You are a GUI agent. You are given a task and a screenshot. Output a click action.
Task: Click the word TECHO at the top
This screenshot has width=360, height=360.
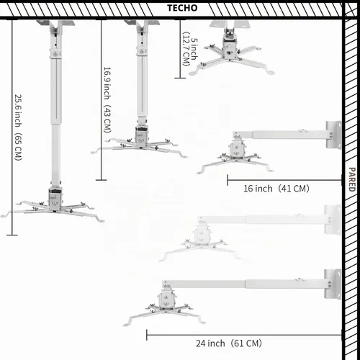pos(182,8)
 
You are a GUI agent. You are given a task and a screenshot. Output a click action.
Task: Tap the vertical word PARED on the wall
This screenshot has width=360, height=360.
pos(351,179)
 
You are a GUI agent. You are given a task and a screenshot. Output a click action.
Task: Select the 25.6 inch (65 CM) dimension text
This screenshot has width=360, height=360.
pos(18,127)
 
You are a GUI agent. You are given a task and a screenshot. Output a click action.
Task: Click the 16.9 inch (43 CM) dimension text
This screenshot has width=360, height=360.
pos(107,99)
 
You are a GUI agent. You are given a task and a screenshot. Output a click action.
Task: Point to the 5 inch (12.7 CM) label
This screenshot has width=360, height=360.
pos(190,49)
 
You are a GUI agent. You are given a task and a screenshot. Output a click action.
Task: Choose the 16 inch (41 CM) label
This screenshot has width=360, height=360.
pos(276,189)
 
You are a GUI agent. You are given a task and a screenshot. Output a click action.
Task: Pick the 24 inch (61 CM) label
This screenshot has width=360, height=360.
pos(229,343)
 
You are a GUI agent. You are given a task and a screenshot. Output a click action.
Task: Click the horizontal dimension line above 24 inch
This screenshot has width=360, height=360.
pos(244,335)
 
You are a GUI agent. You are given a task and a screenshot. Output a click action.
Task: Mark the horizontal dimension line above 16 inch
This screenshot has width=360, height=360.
pos(284,180)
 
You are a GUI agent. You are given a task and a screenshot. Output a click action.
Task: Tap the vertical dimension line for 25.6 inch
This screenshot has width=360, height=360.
pos(12,127)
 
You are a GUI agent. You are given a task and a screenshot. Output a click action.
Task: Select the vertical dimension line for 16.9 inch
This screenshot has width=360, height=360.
pos(101,99)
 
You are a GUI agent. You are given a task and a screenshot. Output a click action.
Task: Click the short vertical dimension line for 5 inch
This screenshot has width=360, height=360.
pos(180,49)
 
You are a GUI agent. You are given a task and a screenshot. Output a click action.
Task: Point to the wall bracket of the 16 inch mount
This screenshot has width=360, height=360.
pos(333,135)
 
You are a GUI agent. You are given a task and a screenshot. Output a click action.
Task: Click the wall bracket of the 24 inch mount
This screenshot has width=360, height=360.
pos(333,284)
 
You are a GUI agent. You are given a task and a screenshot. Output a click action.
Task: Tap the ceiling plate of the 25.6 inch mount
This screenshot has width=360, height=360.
pos(55,23)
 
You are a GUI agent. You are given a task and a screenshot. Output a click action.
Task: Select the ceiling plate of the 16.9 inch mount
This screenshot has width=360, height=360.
pos(142,23)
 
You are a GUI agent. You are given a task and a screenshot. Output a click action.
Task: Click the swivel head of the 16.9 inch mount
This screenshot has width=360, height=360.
pos(142,135)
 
